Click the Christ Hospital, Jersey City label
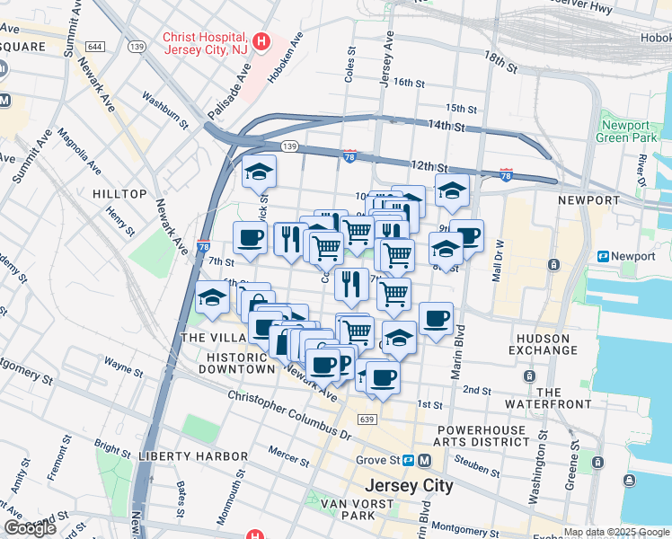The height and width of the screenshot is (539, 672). coord(205,44)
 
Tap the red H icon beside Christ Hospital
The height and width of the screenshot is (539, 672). coord(261,40)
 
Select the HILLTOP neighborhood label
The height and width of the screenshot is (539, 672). coord(119,194)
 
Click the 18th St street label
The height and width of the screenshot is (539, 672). coord(500,60)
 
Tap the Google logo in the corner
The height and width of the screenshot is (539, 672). coord(30,528)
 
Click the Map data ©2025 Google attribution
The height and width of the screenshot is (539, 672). coord(616,532)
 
